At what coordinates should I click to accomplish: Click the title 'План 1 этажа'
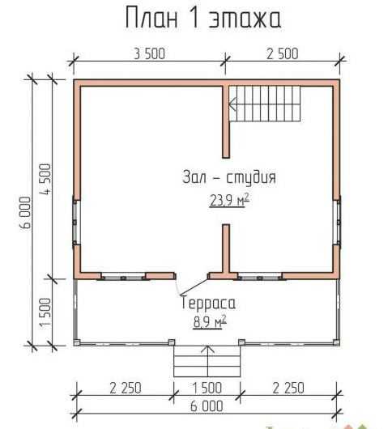203,18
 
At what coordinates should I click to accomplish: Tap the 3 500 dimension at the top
150,54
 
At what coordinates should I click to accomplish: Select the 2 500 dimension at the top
282,54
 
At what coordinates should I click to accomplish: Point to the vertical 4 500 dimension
45,179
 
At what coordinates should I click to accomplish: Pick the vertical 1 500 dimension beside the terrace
45,312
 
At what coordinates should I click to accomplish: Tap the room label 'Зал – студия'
229,177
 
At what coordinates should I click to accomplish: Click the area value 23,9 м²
229,201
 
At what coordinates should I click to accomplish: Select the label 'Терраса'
208,303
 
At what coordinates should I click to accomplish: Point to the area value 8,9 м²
210,322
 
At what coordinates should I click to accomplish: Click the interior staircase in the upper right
265,104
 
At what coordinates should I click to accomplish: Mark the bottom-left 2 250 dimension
126,388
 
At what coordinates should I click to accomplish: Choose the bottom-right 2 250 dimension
288,388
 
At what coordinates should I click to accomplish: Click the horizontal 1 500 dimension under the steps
207,388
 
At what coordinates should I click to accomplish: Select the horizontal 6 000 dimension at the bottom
207,406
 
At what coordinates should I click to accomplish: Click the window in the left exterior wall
76,222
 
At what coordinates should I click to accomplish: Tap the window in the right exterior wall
337,222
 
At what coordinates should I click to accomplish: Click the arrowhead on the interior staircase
232,104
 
